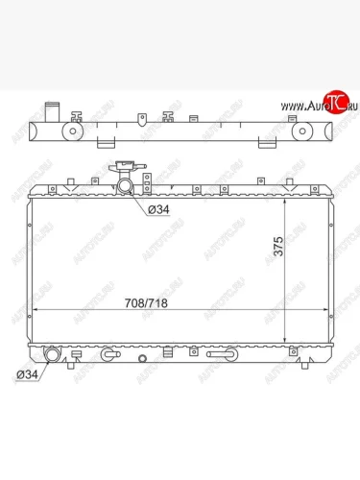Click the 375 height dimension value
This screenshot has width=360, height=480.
(x=278, y=246)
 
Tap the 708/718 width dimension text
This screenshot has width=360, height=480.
(x=146, y=303)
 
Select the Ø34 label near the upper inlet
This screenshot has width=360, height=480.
(x=158, y=209)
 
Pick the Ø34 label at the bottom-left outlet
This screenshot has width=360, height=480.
(x=27, y=374)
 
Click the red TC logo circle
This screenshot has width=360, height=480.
(x=336, y=102)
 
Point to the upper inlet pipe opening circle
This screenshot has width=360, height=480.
(x=125, y=186)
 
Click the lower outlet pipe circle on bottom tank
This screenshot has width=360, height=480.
(x=51, y=355)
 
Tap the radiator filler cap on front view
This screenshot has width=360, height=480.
(x=128, y=167)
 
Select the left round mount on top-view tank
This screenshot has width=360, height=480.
(x=73, y=132)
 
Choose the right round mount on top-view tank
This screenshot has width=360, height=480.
(x=302, y=132)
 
